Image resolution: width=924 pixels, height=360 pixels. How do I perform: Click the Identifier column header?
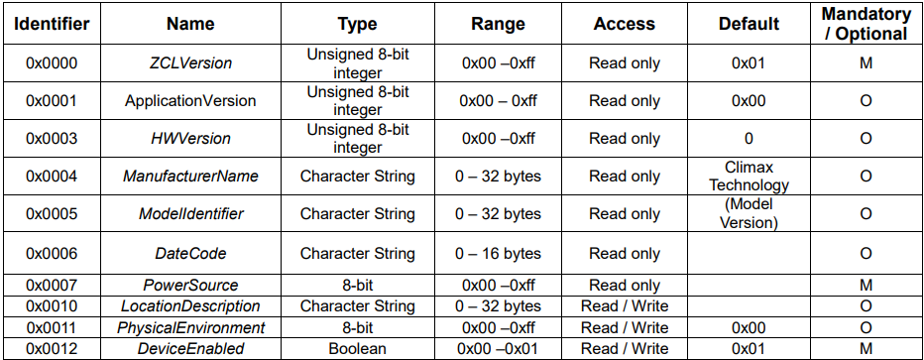(x=52, y=24)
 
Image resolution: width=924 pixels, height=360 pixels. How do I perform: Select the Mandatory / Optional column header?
(x=866, y=24)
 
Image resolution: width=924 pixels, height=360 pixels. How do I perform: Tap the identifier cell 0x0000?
(x=52, y=63)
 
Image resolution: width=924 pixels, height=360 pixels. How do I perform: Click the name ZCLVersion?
(x=189, y=63)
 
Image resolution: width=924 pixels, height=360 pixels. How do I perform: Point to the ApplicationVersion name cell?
(x=189, y=101)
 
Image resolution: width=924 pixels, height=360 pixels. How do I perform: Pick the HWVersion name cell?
(x=189, y=139)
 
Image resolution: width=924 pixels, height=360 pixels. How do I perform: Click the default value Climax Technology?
(x=749, y=177)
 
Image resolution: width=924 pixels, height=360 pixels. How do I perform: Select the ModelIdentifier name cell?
(x=189, y=213)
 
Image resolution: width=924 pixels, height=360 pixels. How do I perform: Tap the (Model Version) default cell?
(x=749, y=213)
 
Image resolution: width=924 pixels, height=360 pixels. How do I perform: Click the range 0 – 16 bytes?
(x=499, y=253)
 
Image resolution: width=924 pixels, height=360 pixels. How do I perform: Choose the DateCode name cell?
(x=189, y=253)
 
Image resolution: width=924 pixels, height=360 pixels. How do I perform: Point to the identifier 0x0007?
(x=52, y=286)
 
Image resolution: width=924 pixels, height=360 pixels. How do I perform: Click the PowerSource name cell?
(x=189, y=286)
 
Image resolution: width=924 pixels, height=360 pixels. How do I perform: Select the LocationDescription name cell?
(x=189, y=306)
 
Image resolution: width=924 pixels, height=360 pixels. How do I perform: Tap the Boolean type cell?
(x=358, y=349)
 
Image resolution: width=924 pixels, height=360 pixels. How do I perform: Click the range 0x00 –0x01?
(x=499, y=349)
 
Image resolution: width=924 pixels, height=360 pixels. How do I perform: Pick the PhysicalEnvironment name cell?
(x=189, y=327)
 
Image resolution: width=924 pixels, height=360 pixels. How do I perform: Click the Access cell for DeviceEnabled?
(x=625, y=349)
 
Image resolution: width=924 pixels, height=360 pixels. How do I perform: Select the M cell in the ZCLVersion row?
(x=866, y=63)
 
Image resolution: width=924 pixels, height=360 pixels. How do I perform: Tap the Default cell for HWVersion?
(x=749, y=139)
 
